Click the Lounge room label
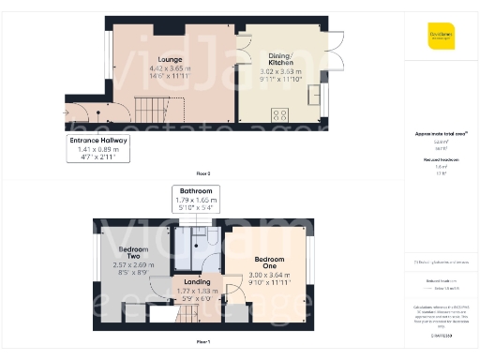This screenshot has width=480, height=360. click(x=170, y=60)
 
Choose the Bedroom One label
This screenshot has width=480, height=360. click(x=269, y=262)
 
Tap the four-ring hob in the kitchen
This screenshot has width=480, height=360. click(x=279, y=114)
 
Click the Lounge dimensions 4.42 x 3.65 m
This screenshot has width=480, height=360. click(x=170, y=68)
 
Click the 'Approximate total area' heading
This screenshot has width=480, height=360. click(x=442, y=135)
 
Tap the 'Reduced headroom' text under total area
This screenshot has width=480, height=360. click(x=442, y=160)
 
